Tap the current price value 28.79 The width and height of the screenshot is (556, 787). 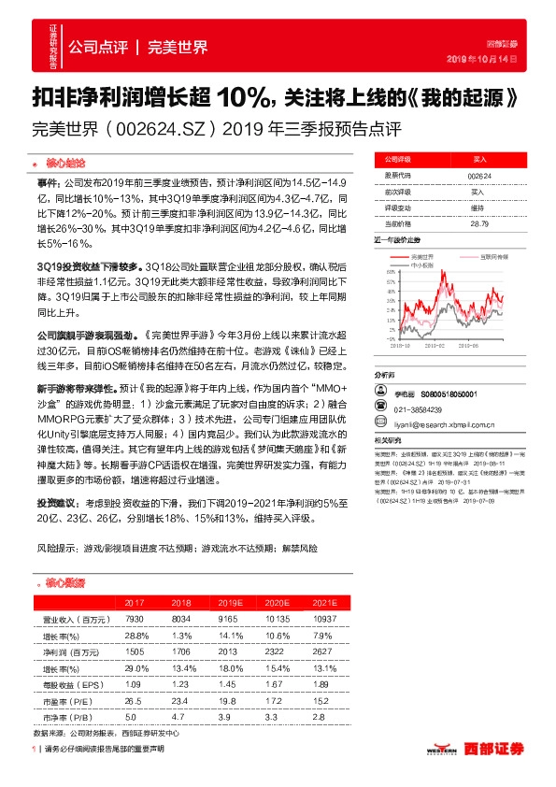click(x=479, y=223)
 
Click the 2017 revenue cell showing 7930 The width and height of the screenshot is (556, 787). click(x=132, y=619)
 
